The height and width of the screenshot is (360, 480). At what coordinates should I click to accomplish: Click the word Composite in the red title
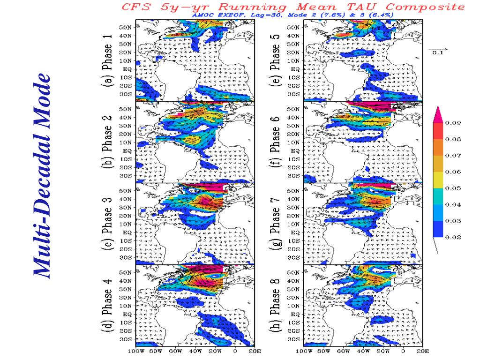[427, 7]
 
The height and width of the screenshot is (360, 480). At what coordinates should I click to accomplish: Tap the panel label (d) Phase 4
[107, 305]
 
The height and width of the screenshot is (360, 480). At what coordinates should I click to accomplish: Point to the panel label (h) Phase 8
[276, 305]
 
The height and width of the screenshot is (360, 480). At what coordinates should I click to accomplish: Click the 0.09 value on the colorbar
[453, 123]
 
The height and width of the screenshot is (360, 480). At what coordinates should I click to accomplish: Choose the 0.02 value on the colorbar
[453, 237]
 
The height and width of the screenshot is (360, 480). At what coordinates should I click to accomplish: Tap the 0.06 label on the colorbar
[453, 172]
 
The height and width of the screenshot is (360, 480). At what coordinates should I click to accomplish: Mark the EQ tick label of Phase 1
[129, 69]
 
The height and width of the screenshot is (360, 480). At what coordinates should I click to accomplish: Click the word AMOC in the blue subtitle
[201, 15]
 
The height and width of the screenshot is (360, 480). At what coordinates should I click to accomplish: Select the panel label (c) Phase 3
[107, 224]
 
